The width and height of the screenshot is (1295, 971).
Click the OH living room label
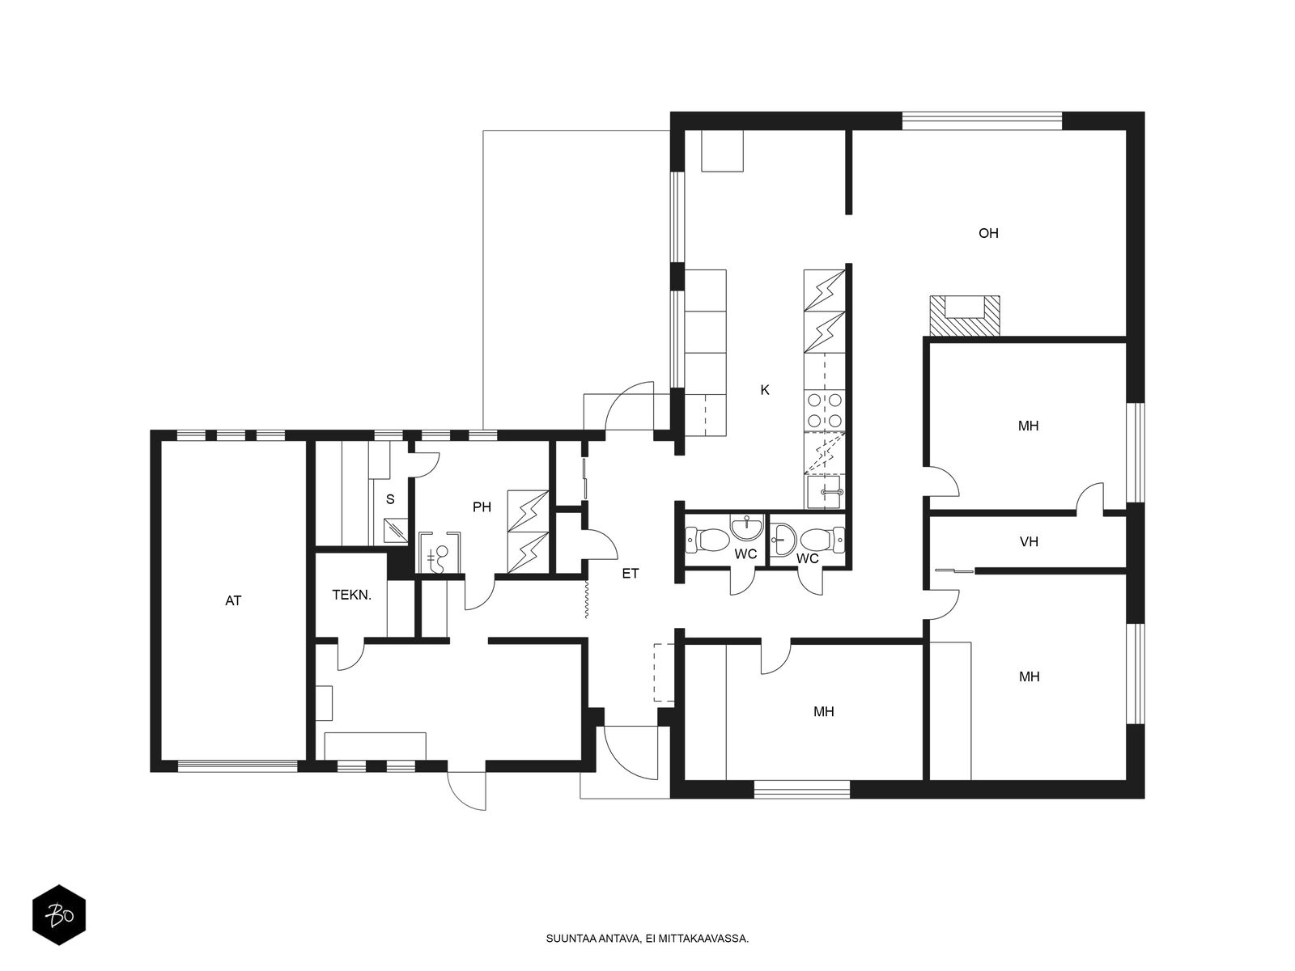pos(988,233)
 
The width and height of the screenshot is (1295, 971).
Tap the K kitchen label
pos(765,390)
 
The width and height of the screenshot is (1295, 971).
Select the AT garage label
pos(233,600)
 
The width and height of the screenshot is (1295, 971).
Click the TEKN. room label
pos(351,595)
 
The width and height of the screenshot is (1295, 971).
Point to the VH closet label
pos(1029,541)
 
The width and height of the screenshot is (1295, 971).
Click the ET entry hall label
pos(630,573)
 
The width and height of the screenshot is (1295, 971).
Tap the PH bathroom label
pos(482,507)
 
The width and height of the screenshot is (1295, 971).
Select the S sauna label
pos(390,499)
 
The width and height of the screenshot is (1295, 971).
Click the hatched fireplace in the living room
pos(965,316)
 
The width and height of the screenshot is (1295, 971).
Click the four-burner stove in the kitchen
pos(824,410)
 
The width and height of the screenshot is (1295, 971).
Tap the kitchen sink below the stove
pos(825,491)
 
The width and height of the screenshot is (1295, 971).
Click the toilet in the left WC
pos(707,540)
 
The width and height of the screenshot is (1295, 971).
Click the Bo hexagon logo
pos(59,915)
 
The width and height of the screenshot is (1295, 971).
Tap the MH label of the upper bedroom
pos(1028,426)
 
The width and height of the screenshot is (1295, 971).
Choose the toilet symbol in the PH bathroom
pos(439,558)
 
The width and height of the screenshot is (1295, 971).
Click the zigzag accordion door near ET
pos(587,599)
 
